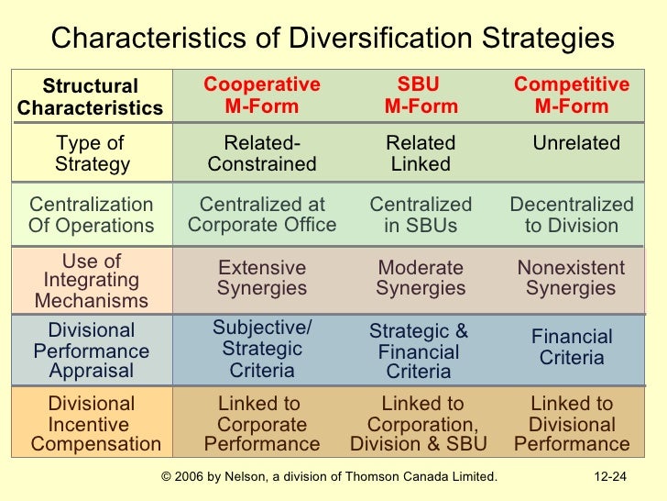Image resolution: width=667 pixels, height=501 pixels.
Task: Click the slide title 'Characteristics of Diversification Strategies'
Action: coord(333,39)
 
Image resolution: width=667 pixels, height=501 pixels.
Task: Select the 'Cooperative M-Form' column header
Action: coord(262,95)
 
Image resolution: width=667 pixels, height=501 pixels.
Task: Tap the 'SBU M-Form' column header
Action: coord(421,95)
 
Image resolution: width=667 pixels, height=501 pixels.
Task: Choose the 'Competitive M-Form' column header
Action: coord(572,95)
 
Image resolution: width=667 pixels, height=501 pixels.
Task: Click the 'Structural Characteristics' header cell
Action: coord(90,97)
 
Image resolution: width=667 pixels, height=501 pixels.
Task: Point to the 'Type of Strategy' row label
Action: coord(91,154)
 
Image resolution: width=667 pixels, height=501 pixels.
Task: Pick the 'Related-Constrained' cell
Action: coord(262,154)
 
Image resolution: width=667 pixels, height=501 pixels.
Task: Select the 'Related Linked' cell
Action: coord(421,154)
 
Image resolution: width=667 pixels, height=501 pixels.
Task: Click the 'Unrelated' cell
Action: coord(576,144)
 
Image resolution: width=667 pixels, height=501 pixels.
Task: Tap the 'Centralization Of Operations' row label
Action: coord(91,215)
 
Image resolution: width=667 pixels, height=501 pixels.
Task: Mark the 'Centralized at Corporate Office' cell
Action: coord(262,215)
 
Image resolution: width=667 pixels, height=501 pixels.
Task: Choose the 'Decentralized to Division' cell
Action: coord(572,215)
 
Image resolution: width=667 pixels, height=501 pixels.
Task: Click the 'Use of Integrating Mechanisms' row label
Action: coord(91,281)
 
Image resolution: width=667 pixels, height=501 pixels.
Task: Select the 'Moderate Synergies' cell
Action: coord(421,278)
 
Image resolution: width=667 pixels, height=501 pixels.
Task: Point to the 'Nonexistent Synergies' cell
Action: coord(572,278)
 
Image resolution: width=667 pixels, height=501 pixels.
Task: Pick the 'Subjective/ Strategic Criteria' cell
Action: coord(262,349)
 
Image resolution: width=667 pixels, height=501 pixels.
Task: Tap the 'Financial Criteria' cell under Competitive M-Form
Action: coord(572,347)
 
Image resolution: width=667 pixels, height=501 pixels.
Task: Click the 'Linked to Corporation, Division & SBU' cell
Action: coord(421,424)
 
